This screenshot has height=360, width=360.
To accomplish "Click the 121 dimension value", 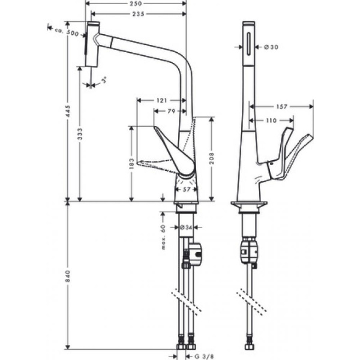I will click(161, 101).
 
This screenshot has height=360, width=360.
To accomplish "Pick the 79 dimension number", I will click(172, 111).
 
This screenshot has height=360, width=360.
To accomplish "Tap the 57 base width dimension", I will click(186, 190).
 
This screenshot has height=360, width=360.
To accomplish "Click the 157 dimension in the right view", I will click(281, 107).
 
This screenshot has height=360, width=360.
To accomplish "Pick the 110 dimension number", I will click(271, 121).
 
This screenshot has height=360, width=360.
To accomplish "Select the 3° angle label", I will click(103, 80).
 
